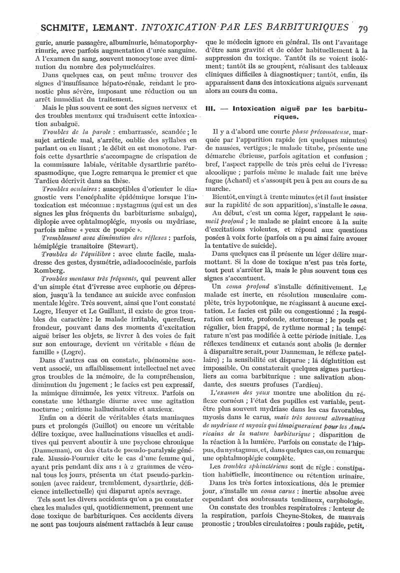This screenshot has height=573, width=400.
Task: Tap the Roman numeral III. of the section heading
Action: pyautogui.click(x=210, y=107)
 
